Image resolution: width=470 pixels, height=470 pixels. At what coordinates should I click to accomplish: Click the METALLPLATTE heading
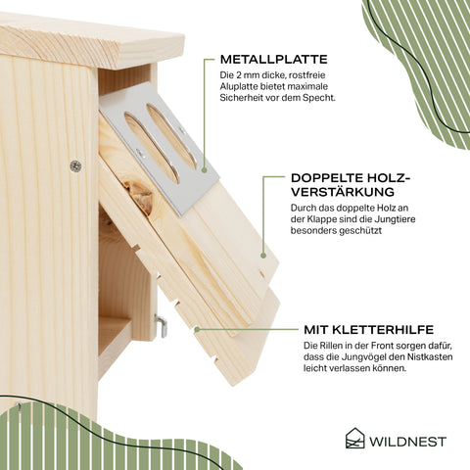(273, 60)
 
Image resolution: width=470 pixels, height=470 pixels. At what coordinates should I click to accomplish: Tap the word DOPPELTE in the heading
(327, 178)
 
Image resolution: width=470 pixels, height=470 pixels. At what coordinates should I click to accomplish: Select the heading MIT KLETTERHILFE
(368, 330)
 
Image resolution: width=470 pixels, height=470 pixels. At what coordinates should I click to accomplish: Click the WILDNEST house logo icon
(354, 438)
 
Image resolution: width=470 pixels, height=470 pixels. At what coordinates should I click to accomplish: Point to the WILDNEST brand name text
(407, 442)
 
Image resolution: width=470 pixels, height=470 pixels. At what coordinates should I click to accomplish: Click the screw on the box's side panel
(75, 166)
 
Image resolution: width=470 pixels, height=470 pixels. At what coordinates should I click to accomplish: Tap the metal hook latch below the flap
(162, 325)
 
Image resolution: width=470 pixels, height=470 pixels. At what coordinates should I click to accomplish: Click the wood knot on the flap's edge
(139, 197)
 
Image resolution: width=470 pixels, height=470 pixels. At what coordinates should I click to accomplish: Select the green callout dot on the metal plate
(205, 170)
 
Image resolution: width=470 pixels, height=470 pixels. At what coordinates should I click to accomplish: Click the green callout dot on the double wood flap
(263, 256)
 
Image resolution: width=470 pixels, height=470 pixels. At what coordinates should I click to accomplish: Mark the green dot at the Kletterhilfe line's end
(197, 330)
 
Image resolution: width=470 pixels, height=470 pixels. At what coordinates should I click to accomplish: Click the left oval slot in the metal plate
(152, 148)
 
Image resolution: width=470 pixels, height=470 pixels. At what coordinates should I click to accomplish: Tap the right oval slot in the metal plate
(171, 136)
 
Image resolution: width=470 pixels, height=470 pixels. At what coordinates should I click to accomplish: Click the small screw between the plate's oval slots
(141, 152)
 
